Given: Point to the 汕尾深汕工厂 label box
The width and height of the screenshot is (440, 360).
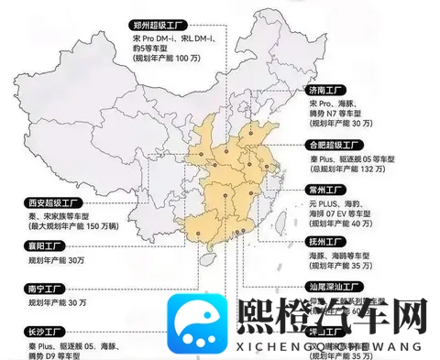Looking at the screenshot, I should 338,287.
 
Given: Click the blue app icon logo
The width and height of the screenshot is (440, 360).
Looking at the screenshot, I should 196,324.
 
